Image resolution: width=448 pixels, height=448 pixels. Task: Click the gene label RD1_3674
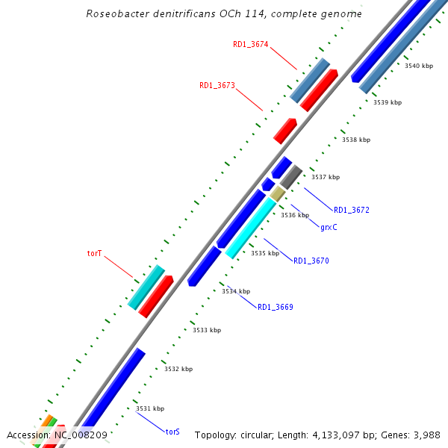pos(251,45)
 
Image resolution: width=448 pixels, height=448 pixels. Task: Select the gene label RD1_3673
pos(217,86)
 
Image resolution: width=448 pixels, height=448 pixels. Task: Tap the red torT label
pos(94,254)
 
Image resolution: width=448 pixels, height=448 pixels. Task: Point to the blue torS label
pos(172,432)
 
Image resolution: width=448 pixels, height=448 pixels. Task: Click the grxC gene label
pos(329,227)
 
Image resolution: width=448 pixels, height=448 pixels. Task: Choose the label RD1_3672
pos(352,210)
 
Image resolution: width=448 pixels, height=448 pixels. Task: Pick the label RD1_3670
pos(311,261)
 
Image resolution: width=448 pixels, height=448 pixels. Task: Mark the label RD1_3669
pos(276,308)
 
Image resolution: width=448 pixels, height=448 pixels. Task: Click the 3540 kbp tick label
pos(419,66)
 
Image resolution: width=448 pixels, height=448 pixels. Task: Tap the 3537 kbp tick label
pos(326,178)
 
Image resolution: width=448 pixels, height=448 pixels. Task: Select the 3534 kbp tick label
pos(236,292)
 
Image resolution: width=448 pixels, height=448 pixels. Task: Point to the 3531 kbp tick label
pos(150,409)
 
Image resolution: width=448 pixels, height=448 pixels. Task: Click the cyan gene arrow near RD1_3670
pos(251,228)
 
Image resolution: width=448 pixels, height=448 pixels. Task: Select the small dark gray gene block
pos(291,176)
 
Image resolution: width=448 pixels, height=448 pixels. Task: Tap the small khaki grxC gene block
pos(278,194)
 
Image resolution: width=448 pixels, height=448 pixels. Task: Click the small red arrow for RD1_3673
pos(285,131)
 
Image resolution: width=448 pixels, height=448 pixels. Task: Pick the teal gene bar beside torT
pos(146,287)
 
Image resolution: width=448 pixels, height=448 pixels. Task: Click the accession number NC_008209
pos(78,435)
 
